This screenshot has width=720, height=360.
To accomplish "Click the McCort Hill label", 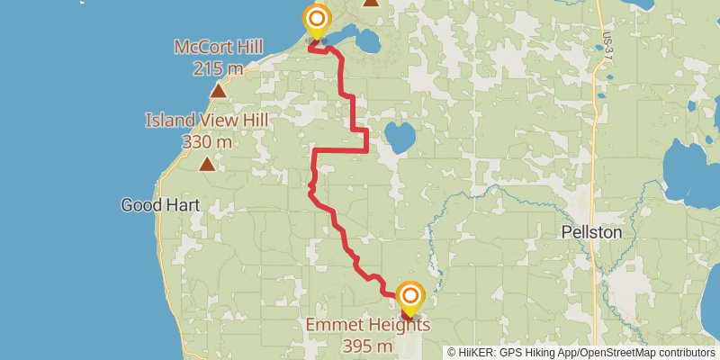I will [x=218, y=46].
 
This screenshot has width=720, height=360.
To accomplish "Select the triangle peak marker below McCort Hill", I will [x=218, y=90].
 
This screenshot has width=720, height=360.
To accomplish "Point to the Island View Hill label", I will [x=207, y=121].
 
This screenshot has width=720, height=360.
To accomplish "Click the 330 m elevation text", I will [x=207, y=141].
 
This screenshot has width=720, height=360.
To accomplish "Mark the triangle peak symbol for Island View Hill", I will [x=207, y=164].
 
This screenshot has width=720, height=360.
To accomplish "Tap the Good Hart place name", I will [x=159, y=205].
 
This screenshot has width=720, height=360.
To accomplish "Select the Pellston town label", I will [x=591, y=231].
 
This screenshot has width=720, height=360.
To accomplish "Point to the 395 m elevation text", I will [x=367, y=346].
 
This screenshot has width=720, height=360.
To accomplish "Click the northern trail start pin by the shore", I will [x=317, y=20].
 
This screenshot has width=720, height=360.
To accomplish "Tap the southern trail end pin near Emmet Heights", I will [x=411, y=296].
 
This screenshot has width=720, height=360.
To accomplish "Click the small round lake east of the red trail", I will [x=400, y=138].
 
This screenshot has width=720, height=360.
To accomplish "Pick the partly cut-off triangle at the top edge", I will [x=371, y=3].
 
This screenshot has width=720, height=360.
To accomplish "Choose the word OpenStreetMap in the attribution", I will [x=610, y=352].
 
